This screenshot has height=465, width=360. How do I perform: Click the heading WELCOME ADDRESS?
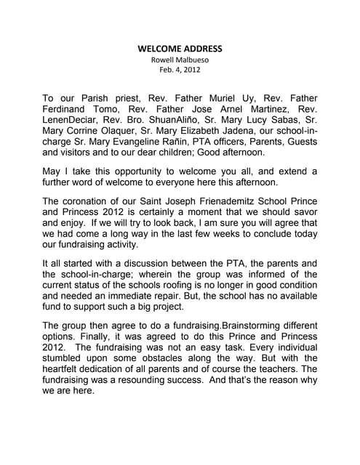(180, 49)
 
